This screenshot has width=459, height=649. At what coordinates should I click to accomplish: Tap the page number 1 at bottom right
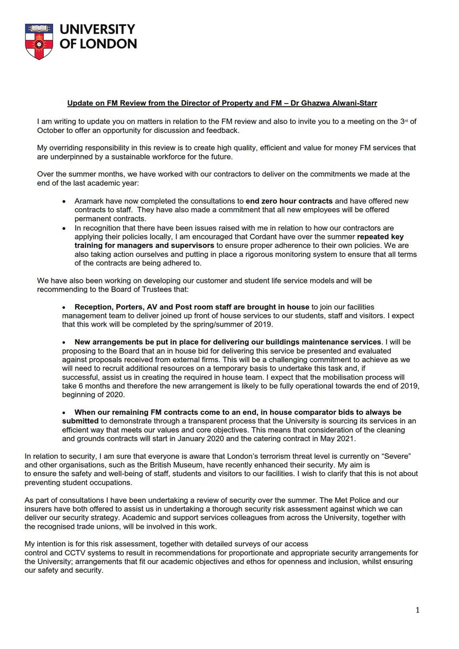(417, 610)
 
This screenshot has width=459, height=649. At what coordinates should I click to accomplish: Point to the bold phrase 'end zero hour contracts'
(287, 201)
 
